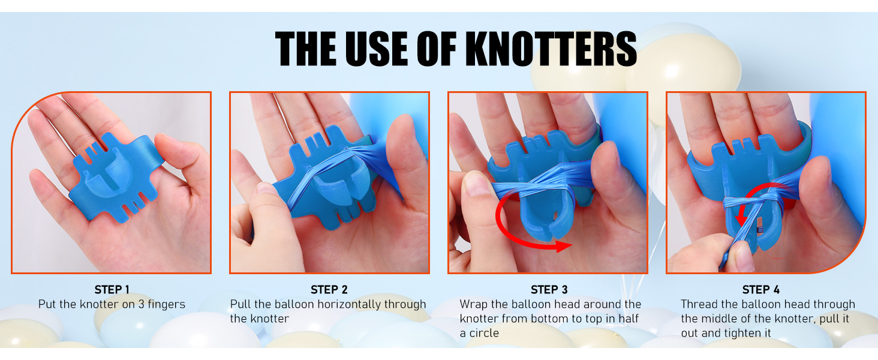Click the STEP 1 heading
112,290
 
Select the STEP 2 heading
329,290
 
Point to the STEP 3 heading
549,290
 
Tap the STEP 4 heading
761,290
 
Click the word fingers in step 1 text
166,305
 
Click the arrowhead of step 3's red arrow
564,246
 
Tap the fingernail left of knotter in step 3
475,183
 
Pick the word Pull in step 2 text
240,304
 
